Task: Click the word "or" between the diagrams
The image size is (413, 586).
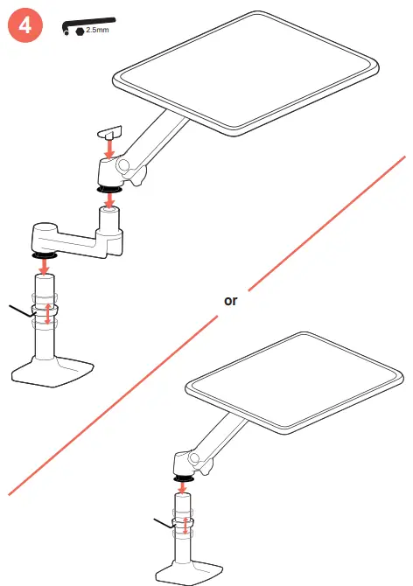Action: tap(230, 300)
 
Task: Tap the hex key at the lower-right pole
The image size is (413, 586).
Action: tap(164, 524)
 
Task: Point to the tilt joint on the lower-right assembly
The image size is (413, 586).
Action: tap(186, 461)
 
